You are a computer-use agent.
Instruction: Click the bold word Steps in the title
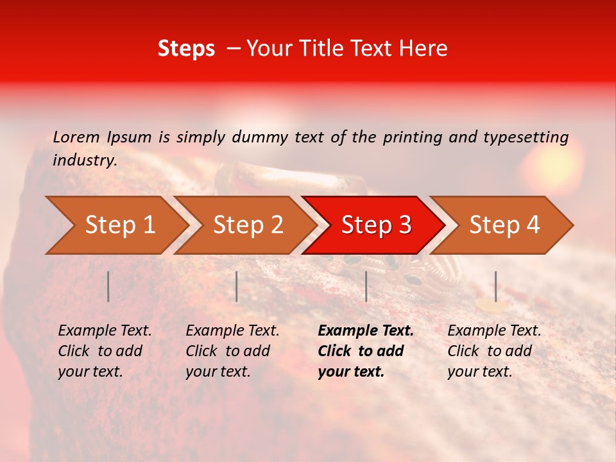[x=186, y=49]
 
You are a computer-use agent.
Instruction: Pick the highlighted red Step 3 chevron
[x=376, y=225]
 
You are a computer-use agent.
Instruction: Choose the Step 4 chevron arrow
[x=504, y=225]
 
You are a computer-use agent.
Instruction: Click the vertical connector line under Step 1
[x=108, y=286]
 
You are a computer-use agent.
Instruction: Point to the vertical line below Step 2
[x=237, y=286]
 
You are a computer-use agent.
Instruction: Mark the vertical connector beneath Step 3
[x=366, y=286]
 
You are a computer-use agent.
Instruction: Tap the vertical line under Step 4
[x=495, y=286]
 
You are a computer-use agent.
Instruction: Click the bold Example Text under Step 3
[x=366, y=331]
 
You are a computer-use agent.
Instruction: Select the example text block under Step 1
[x=105, y=351]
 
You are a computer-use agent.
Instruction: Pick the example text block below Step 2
[x=232, y=351]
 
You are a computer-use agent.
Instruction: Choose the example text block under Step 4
[x=494, y=351]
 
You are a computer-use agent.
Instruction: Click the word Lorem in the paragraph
[x=76, y=137]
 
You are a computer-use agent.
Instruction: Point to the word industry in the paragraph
[x=85, y=160]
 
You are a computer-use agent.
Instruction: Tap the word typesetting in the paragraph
[x=526, y=137]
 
